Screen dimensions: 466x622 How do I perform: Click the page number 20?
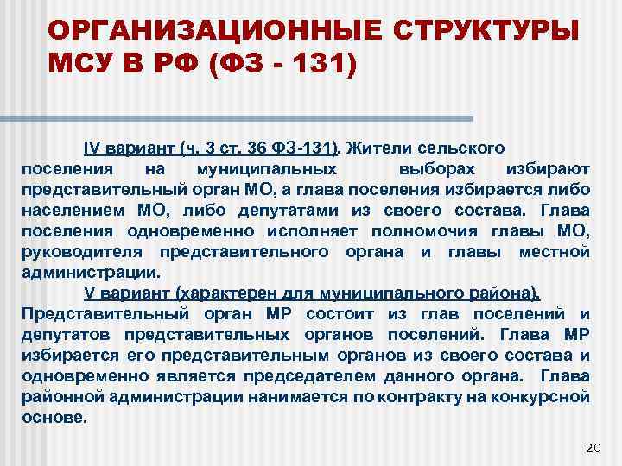point(592,446)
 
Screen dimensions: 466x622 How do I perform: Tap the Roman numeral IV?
point(92,148)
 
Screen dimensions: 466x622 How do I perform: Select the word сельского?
point(459,148)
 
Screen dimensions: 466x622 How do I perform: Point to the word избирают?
point(554,167)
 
